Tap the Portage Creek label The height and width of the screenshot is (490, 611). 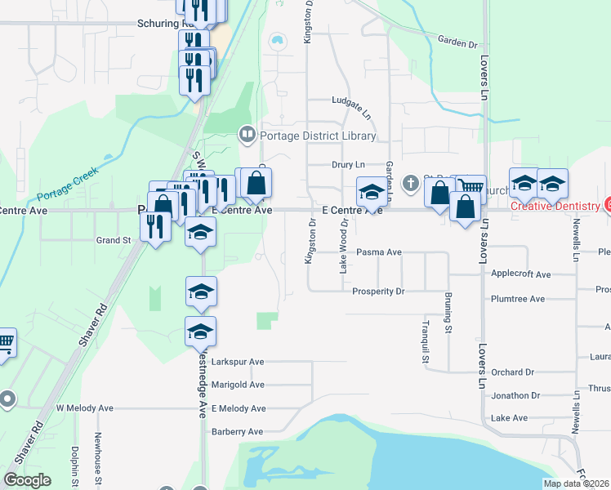[67, 185]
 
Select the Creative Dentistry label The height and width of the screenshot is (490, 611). [555, 206]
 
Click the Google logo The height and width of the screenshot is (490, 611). [27, 480]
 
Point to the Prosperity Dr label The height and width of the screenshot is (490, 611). [378, 292]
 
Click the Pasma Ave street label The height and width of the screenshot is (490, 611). [379, 253]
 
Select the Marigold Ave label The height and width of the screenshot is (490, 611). [238, 385]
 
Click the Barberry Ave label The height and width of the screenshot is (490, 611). [238, 431]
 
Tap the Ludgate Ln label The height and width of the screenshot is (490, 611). [352, 100]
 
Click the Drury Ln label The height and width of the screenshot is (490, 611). [348, 165]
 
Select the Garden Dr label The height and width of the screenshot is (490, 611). [457, 42]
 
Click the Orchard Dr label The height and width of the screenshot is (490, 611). [512, 372]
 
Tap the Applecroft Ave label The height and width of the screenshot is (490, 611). [521, 274]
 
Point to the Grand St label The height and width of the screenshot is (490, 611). [114, 241]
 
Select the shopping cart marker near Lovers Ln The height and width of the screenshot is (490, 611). [471, 189]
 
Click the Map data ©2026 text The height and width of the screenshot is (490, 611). [576, 483]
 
